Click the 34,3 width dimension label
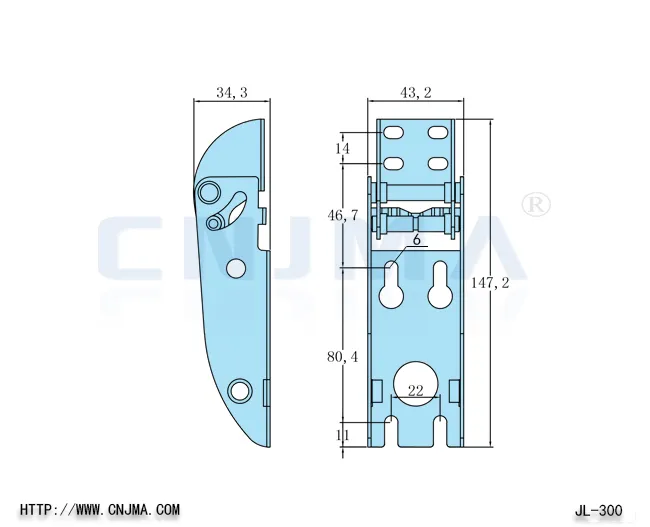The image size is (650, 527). [231, 93]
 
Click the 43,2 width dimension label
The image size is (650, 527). [416, 93]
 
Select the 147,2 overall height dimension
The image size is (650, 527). [490, 284]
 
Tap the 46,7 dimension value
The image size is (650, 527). [344, 216]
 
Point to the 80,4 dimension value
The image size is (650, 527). [344, 357]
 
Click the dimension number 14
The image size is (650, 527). [343, 148]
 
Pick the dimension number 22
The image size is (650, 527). [417, 391]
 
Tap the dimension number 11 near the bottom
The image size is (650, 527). [343, 435]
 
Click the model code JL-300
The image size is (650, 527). [600, 510]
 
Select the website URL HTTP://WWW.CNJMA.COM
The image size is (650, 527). [100, 509]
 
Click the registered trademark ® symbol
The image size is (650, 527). [537, 204]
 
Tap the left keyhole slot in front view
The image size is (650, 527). [392, 287]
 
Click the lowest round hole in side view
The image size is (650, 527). [239, 390]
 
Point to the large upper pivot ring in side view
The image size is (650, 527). [209, 191]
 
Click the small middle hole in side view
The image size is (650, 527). [236, 267]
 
